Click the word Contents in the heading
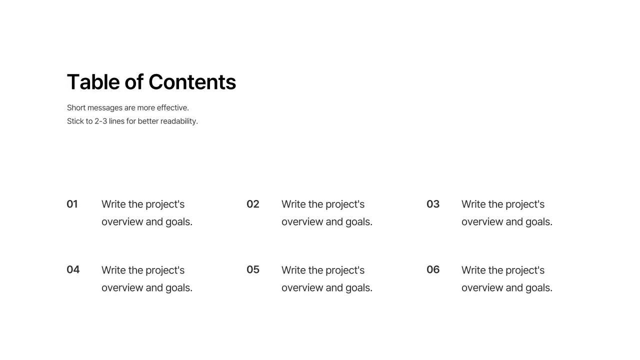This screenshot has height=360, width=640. pyautogui.click(x=192, y=82)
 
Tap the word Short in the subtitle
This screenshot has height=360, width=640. pyautogui.click(x=76, y=107)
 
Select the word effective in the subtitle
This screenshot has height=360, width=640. pyautogui.click(x=172, y=107)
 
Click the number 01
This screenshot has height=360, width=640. pyautogui.click(x=72, y=204)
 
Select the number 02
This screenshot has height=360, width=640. pyautogui.click(x=253, y=204)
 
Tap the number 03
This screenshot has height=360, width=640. pyautogui.click(x=433, y=204)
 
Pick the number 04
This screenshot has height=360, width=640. pyautogui.click(x=73, y=269)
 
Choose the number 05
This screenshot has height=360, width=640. pyautogui.click(x=253, y=269)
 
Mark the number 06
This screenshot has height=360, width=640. pyautogui.click(x=433, y=269)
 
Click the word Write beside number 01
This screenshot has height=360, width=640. pyautogui.click(x=113, y=204)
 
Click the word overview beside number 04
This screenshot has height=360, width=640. pyautogui.click(x=122, y=287)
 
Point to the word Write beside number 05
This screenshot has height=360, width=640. pyautogui.click(x=293, y=270)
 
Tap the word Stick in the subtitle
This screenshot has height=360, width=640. pyautogui.click(x=75, y=121)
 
